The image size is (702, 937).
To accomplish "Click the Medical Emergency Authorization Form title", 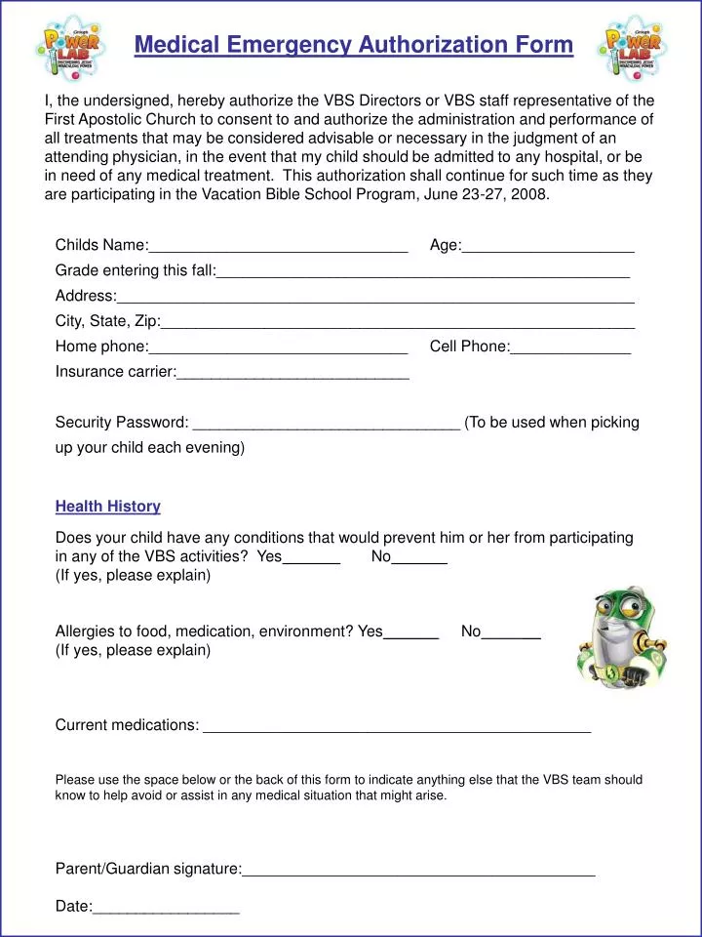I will click(353, 45).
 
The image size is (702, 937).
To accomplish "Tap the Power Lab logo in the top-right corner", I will click(634, 47).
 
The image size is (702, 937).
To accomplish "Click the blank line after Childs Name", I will click(278, 246).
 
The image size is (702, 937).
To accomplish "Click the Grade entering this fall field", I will click(423, 271).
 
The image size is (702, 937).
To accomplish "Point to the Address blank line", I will click(375, 297).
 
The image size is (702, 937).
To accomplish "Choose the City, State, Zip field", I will click(398, 322).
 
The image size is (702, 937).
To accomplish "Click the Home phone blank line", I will click(278, 347).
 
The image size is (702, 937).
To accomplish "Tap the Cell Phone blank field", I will click(570, 347).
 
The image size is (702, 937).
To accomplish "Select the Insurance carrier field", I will click(292, 373).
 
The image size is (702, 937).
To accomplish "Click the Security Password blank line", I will click(327, 424).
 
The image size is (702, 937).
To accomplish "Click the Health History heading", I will click(107, 507).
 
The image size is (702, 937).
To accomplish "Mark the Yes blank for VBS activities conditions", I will click(311, 558).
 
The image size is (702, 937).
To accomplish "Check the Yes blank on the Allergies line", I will click(411, 632).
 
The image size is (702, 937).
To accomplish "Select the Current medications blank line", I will click(396, 726).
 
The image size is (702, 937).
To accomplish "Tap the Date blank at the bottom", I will click(166, 908).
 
